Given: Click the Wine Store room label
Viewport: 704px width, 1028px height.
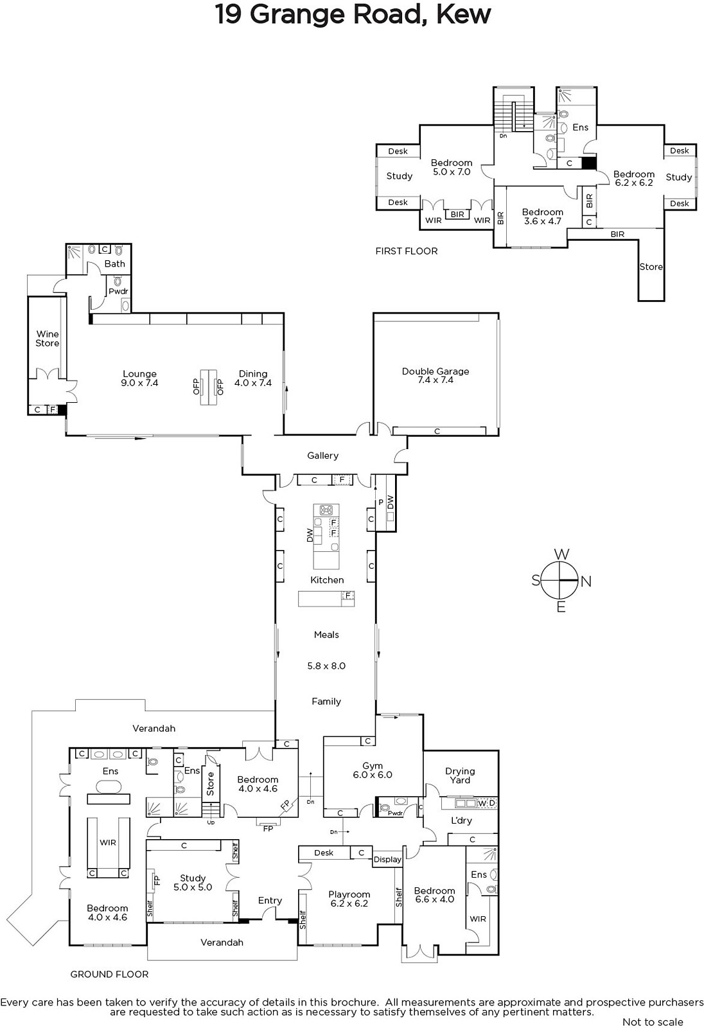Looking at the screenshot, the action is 48,339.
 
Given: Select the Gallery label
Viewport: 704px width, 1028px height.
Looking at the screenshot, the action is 322,456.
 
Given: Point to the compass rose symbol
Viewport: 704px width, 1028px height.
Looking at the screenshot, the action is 560,581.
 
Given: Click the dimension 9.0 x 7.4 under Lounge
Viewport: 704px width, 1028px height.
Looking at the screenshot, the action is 139,383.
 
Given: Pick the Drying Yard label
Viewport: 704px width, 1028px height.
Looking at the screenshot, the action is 460,775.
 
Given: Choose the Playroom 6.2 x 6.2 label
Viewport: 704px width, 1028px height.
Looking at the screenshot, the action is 349,899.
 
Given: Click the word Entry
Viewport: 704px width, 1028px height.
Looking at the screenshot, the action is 270,900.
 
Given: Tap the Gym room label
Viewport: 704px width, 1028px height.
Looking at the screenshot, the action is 372,766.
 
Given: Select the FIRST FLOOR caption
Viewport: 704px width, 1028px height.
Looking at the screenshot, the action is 407,251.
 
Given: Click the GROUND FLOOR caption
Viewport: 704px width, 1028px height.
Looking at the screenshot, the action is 109,974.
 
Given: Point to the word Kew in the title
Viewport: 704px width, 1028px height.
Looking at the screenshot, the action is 464,14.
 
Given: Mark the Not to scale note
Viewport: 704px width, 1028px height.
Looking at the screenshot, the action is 653,1022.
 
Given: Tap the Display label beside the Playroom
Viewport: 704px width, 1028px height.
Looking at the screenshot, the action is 387,860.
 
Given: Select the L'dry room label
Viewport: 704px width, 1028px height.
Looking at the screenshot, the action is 461,820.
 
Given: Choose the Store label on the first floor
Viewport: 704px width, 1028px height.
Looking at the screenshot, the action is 651,267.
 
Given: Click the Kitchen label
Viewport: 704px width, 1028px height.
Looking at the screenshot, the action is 327,580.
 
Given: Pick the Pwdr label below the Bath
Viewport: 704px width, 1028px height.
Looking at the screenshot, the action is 118,292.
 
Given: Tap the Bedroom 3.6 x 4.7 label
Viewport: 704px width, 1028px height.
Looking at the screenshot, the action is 543,217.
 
